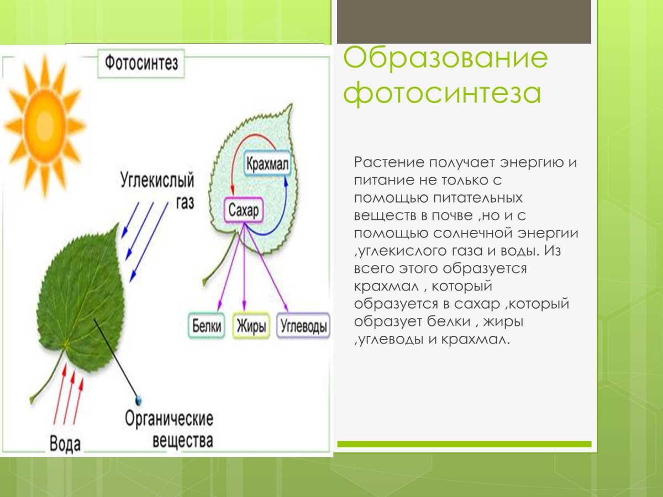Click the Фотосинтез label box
pos(141,64)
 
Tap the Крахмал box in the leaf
pos(267,164)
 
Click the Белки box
pos(207,326)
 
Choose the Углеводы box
pos(303,326)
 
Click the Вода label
pos(65,443)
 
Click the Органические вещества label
pos(169,430)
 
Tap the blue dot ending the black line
pos(138,399)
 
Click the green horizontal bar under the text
pos(464,444)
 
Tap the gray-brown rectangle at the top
pos(464,22)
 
